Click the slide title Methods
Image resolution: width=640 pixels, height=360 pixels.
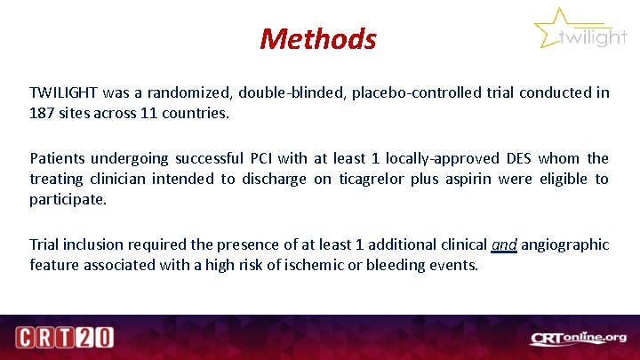click(x=318, y=38)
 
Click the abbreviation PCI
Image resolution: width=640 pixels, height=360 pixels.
click(x=259, y=158)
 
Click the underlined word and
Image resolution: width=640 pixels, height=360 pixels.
click(x=503, y=244)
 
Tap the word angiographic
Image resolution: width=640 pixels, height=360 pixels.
click(x=565, y=244)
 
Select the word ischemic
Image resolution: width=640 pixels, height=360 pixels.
click(x=308, y=265)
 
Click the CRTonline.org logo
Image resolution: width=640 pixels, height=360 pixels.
click(x=579, y=338)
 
